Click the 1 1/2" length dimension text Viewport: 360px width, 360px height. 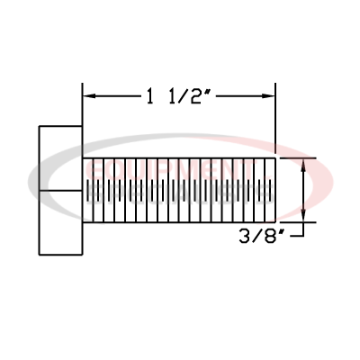pyautogui.click(x=178, y=94)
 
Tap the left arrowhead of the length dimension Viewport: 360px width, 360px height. pyautogui.click(x=89, y=94)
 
